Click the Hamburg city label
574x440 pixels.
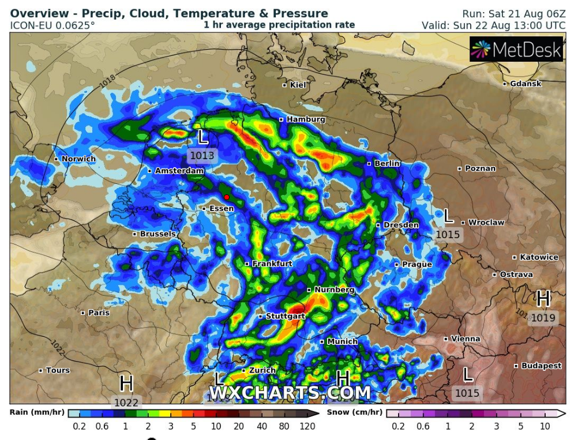(x=305, y=119)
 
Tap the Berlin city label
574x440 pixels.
(x=387, y=164)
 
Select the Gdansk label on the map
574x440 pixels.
(x=525, y=84)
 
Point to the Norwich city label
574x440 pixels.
(x=78, y=159)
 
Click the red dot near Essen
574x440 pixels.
(x=227, y=197)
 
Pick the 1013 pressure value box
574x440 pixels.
(x=202, y=156)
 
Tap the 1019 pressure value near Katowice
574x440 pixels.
(x=543, y=318)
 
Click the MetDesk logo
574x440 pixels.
(x=516, y=50)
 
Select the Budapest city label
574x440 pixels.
(x=541, y=366)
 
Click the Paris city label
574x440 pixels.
(x=98, y=313)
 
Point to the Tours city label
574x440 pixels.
(x=58, y=370)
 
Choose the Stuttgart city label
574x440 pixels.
(x=285, y=316)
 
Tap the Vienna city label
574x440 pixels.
(x=465, y=339)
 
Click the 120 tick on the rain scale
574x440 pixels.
(x=307, y=426)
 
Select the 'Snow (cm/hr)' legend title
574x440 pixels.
(x=354, y=412)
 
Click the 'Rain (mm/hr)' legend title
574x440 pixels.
(x=37, y=412)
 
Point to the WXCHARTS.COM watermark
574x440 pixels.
(x=289, y=393)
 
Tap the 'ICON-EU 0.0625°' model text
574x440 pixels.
(x=52, y=25)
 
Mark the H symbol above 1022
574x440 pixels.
(x=126, y=383)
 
